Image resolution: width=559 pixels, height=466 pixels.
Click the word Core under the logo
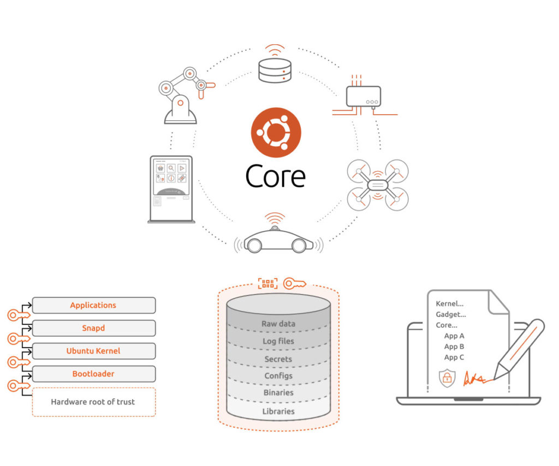pos(275,176)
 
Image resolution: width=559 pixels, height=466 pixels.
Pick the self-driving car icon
pos(278,239)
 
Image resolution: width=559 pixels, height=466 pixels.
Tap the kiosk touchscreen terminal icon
pos(171,189)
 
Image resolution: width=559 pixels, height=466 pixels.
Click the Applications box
pos(93,305)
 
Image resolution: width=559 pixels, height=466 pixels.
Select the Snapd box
pos(93,328)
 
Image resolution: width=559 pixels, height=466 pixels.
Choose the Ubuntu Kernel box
pos(93,351)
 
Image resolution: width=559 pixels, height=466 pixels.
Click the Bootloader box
pos(93,374)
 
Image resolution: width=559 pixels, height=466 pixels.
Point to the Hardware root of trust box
pos(93,402)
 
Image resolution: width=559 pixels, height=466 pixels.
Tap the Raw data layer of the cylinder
pos(278,323)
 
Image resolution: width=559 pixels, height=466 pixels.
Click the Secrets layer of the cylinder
pos(278,359)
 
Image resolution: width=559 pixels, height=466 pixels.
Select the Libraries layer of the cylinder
pos(278,411)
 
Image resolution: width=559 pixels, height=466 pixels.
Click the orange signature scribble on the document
pos(474,378)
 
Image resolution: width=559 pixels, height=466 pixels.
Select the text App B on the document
pos(454,346)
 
